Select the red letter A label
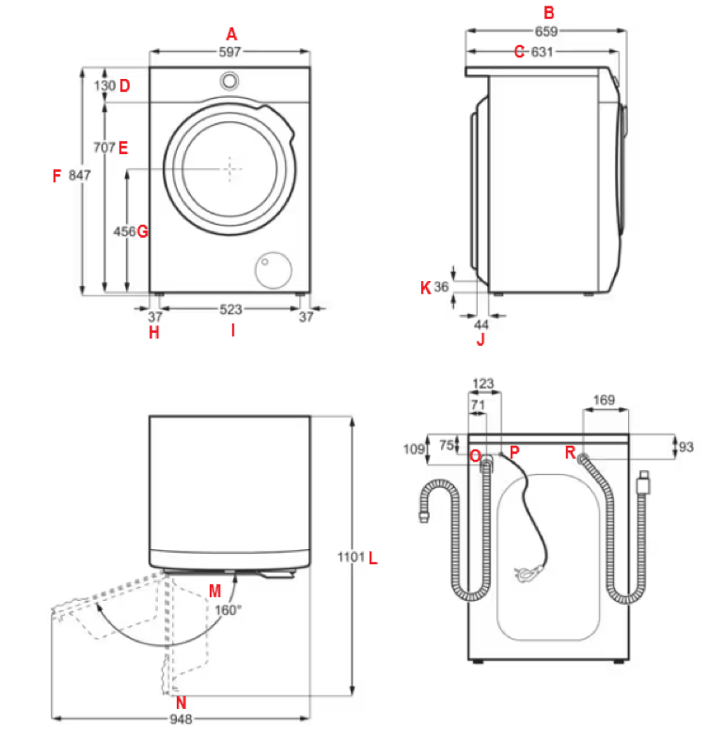231,35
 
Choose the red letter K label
425,287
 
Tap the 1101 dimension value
350,559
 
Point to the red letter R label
570,453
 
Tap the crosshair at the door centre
230,168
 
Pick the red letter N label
181,701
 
